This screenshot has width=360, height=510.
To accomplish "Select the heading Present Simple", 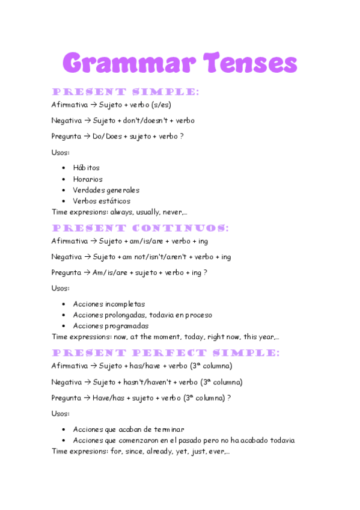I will point(125,92).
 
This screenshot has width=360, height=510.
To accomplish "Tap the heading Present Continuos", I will point(140,229).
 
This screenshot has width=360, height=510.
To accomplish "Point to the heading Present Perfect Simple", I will point(165,353).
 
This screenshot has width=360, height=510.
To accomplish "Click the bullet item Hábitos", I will point(86,168).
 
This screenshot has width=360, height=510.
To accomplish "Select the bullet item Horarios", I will point(88,179).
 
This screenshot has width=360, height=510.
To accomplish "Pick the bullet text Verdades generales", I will point(106,190).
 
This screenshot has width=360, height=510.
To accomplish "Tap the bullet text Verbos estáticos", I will point(102,201).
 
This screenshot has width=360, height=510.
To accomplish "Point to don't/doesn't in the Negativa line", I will point(150,120).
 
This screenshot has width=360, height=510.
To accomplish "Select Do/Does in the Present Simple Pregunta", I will point(107,137).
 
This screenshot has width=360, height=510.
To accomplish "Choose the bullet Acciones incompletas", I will point(109,304).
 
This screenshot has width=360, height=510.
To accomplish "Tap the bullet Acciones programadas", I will point(111,326).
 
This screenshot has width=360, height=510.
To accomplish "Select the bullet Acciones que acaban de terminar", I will point(129,429).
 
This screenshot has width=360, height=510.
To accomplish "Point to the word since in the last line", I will point(133,451).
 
